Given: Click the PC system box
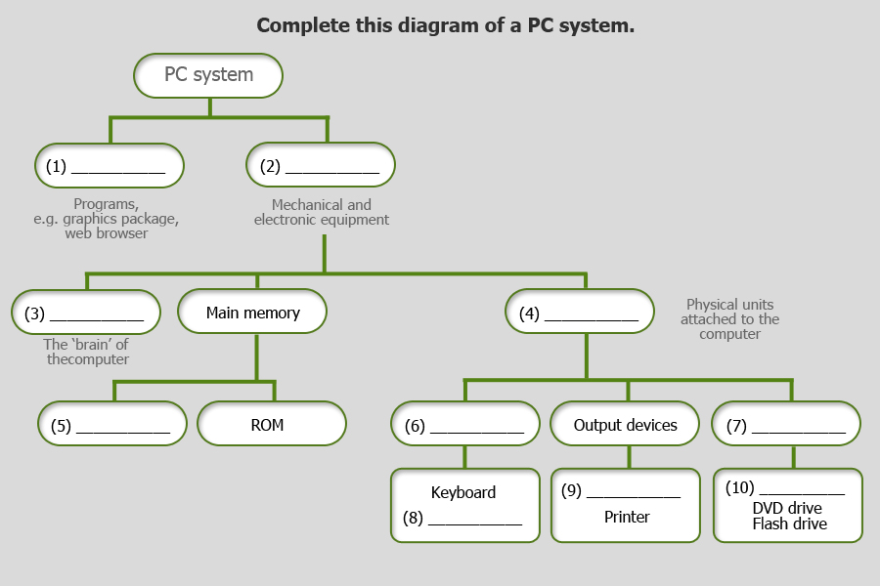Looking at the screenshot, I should pos(208,75).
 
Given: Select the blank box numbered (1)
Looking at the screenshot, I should pos(110,166).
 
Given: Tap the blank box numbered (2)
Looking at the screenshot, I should pos(321,166).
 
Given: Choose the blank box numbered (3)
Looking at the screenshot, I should pos(86,314).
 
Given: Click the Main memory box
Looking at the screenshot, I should pos(252,314).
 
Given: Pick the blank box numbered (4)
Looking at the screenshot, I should pos(580,314).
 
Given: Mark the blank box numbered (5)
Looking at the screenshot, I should pos(112,426).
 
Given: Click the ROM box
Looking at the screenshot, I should pos(272,425).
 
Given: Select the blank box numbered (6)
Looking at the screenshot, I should pos(465,425).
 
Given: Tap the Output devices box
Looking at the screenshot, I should pos(626,425).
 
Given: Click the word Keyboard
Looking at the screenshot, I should pos(463,492).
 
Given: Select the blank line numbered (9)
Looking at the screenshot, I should pos(633,493).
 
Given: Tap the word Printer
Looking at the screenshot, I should pos(627,517).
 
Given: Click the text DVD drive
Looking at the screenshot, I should pos(787,508).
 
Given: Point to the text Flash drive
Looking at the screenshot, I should pos(789,523).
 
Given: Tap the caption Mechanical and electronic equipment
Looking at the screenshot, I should pos(322,213).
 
